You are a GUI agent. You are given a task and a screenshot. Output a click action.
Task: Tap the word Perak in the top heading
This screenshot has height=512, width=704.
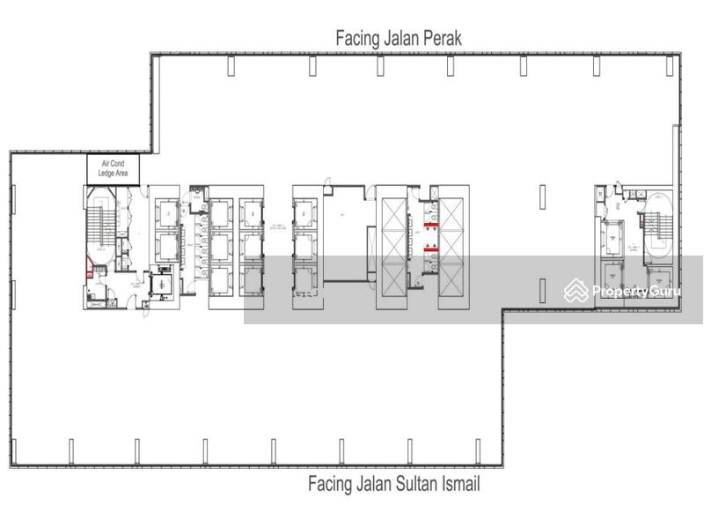(x=438, y=38)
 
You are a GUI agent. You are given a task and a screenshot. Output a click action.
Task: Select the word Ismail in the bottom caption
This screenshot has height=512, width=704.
(x=458, y=484)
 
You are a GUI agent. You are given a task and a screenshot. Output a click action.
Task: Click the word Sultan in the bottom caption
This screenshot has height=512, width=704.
(x=407, y=484)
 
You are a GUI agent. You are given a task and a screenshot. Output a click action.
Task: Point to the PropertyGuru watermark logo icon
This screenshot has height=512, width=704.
(x=576, y=290)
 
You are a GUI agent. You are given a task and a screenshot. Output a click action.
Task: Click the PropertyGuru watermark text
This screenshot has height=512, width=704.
(x=637, y=291)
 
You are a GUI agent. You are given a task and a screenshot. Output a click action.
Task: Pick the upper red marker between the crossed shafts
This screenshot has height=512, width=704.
(x=430, y=226)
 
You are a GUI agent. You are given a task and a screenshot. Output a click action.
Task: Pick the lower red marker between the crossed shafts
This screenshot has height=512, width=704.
(x=430, y=250)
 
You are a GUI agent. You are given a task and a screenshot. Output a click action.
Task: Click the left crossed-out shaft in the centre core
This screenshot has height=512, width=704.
(x=392, y=248)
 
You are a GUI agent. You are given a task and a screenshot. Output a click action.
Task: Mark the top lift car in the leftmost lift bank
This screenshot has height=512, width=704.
(x=166, y=211)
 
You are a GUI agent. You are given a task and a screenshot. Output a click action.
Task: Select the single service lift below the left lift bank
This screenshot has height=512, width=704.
(x=161, y=284)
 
